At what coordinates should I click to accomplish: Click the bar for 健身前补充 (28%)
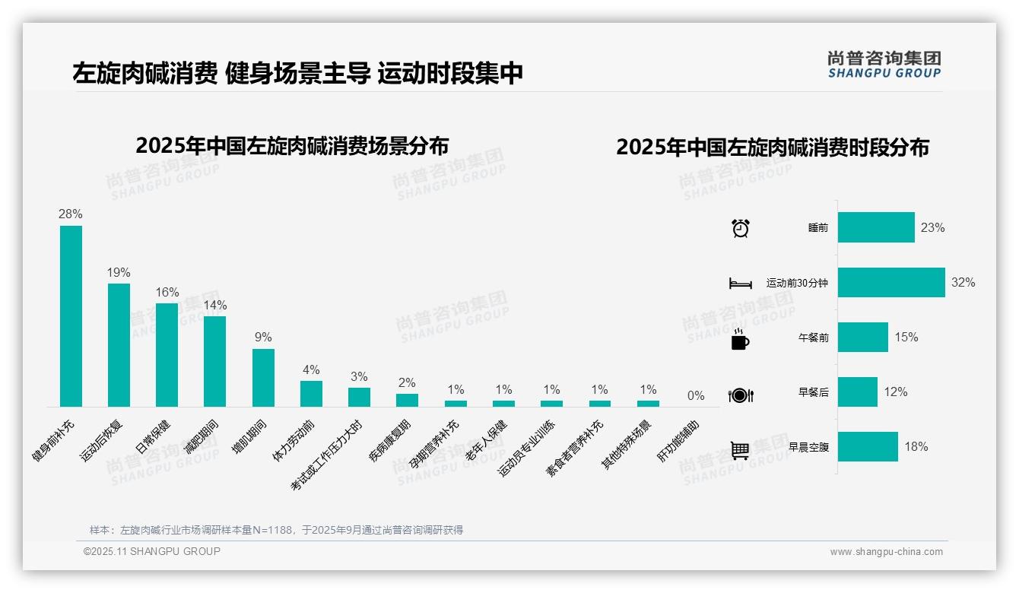[71, 316]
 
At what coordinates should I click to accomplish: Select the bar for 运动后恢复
[119, 345]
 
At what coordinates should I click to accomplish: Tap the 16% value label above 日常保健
[167, 293]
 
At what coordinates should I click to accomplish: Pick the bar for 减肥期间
[214, 361]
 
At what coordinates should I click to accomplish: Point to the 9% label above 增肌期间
[263, 338]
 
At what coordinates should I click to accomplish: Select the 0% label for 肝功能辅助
[696, 395]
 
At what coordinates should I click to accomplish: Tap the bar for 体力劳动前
[311, 394]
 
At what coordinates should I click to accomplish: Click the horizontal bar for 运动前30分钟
[891, 282]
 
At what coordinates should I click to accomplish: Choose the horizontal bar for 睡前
[876, 227]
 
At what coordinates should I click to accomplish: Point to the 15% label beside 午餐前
[906, 337]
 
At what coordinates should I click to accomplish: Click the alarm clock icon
[740, 228]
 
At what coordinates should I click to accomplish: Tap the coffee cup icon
[740, 339]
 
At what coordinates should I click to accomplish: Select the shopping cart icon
[740, 450]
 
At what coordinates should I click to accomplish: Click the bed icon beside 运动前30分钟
[740, 284]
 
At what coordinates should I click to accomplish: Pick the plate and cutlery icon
[740, 395]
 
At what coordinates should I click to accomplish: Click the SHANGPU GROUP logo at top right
[884, 65]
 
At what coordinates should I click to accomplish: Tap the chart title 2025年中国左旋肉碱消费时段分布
[772, 147]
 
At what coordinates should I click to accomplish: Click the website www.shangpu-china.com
[886, 552]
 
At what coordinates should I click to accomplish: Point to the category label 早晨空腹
[808, 447]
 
